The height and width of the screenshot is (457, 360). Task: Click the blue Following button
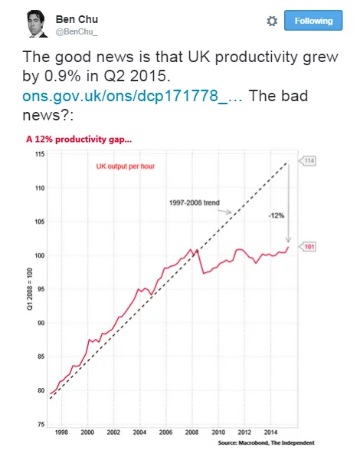coord(313,21)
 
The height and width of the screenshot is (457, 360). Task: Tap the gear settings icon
coord(272,21)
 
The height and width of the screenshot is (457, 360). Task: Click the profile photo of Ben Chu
coord(38,24)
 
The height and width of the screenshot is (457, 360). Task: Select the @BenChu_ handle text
coord(77,31)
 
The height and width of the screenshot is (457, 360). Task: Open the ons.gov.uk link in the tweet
coord(132,96)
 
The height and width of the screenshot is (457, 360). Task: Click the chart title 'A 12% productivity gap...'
coord(79,140)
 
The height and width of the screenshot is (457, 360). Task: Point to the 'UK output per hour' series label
coord(126,166)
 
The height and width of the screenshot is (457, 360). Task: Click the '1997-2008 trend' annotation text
coord(195,202)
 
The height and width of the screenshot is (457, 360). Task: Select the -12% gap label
coord(276,215)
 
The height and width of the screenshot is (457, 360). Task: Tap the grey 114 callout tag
coord(308,161)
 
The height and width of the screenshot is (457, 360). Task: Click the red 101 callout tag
coord(308,247)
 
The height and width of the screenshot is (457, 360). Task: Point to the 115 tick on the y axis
coord(40,154)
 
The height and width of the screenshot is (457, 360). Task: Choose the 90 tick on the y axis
coord(41,323)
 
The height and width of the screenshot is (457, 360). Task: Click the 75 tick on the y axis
coord(41,424)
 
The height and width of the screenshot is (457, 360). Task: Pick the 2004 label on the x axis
coord(139,432)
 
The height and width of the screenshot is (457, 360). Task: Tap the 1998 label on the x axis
coord(61,432)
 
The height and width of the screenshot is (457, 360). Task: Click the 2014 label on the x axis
coord(270,432)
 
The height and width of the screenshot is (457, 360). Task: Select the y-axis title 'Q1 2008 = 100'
coord(30,289)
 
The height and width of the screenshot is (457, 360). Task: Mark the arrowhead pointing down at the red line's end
coord(288,239)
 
